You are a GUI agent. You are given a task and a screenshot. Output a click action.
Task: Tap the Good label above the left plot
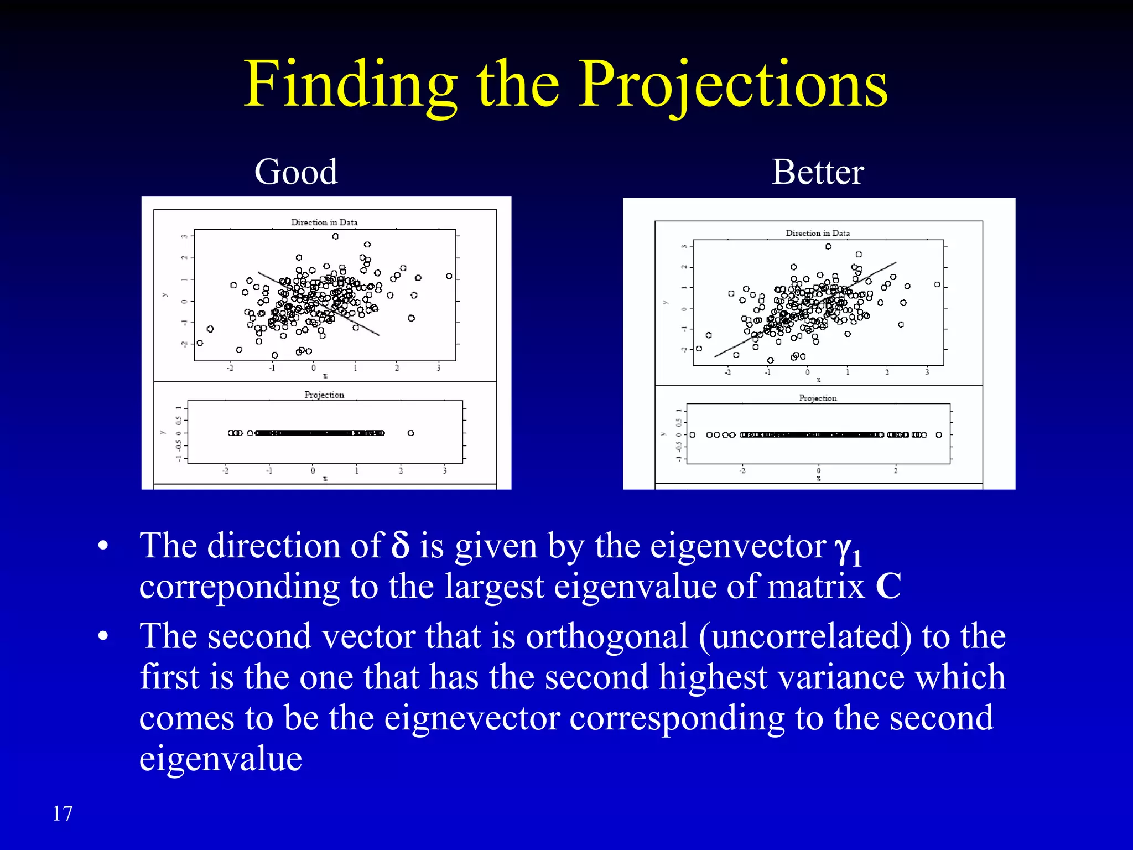tap(296, 172)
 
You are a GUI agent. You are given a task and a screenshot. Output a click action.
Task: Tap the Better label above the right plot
tap(818, 172)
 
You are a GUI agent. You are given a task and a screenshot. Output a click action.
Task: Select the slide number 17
tap(63, 813)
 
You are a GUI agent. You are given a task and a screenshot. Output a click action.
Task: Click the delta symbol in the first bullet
tap(400, 546)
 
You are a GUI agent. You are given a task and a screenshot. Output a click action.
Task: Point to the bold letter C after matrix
tap(888, 587)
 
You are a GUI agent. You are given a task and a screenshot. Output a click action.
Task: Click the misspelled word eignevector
tap(472, 718)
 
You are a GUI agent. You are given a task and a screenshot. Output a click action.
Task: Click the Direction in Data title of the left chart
tap(324, 222)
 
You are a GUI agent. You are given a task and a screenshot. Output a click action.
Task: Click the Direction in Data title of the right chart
tap(818, 233)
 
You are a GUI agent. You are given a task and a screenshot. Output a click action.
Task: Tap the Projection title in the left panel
tap(324, 395)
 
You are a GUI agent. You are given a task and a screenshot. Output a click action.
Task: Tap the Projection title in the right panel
tap(818, 398)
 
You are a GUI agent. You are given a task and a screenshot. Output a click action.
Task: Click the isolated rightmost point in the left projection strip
tap(410, 433)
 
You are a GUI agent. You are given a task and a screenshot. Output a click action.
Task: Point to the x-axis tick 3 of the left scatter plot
tap(439, 368)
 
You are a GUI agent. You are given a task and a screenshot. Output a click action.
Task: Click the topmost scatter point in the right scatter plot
tap(828, 247)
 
